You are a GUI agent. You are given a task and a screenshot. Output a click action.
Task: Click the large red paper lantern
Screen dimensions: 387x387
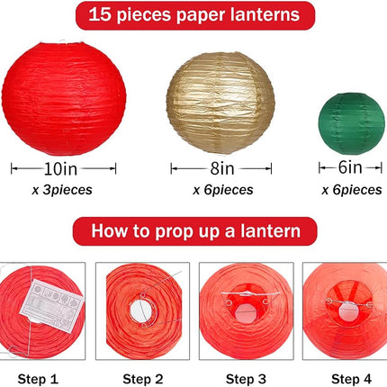click(64, 98)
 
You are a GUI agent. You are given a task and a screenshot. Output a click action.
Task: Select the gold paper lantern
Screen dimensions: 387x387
click(220, 103)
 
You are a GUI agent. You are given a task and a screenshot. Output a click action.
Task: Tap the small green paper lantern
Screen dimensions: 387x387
click(351, 123)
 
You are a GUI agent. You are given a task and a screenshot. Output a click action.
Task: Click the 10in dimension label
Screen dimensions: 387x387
click(60, 168)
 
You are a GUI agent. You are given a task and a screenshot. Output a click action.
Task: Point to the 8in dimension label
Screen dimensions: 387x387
click(222, 168)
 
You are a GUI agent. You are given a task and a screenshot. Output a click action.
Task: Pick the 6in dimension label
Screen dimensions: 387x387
click(350, 167)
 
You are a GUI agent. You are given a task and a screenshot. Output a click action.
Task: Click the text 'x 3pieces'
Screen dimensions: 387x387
click(62, 190)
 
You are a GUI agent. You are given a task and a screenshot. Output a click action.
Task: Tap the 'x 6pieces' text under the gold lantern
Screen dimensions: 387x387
click(223, 190)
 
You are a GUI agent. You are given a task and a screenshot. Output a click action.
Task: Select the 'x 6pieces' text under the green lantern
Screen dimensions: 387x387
click(352, 190)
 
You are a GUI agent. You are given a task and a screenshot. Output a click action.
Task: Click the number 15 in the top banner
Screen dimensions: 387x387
click(100, 13)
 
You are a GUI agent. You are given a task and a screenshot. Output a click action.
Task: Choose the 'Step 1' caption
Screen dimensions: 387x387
click(38, 379)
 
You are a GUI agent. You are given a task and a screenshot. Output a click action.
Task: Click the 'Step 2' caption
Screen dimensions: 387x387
click(143, 379)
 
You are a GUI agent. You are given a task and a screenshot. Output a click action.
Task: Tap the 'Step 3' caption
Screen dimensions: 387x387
click(246, 379)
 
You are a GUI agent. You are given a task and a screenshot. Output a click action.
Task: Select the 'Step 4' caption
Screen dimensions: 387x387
click(351, 379)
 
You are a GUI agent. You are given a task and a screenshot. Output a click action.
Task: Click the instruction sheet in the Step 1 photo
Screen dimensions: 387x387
click(51, 306)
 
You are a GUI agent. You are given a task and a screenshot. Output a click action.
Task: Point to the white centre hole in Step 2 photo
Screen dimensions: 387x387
click(141, 310)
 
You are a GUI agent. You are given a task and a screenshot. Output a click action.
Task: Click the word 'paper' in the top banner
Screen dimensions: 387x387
click(200, 15)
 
